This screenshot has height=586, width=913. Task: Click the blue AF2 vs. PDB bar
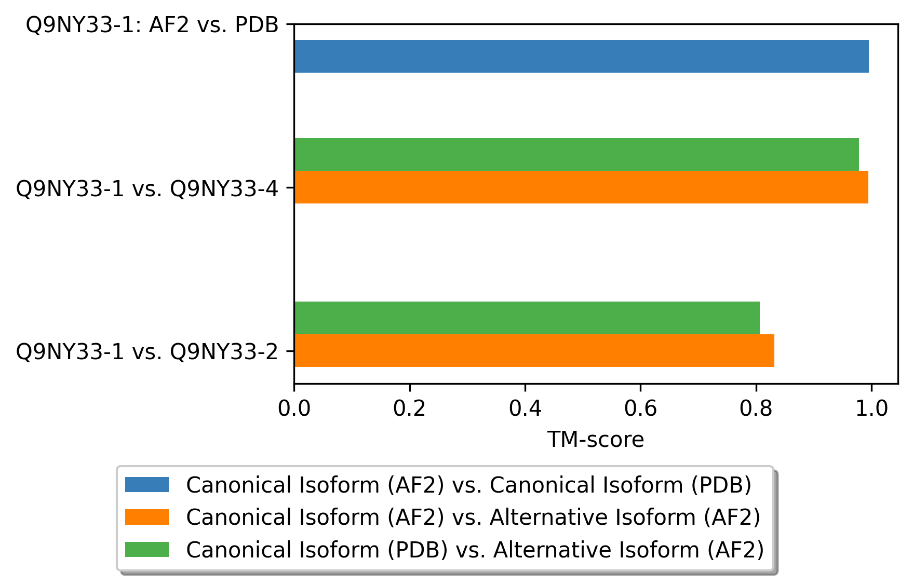(581, 56)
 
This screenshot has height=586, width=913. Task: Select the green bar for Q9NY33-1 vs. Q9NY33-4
(576, 154)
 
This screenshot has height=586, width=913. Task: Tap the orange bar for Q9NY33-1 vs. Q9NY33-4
(581, 187)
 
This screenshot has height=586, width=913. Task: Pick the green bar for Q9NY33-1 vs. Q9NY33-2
(527, 318)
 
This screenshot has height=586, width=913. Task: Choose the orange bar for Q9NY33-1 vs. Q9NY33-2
(534, 350)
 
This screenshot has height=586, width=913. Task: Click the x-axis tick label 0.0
(294, 408)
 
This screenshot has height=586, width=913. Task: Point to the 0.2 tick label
(409, 408)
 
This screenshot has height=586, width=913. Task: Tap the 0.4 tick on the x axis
(525, 408)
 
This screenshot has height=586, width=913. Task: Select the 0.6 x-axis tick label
(640, 408)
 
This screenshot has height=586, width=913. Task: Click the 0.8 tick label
(756, 408)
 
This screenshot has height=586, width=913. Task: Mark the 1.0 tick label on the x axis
(871, 408)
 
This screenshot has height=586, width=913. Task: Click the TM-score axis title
(596, 440)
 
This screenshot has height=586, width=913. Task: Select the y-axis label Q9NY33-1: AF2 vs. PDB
(152, 25)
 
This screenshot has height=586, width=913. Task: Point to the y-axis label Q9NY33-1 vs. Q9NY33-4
(147, 188)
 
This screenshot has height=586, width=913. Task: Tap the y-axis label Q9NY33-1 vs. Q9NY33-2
(147, 352)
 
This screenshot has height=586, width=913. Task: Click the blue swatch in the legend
(147, 485)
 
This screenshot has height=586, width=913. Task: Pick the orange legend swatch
(147, 517)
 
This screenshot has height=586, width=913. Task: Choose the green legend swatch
(147, 549)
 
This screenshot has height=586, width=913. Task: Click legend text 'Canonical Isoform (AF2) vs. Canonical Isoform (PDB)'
(469, 485)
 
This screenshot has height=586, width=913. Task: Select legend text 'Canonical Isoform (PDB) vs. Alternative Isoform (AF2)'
(475, 550)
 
